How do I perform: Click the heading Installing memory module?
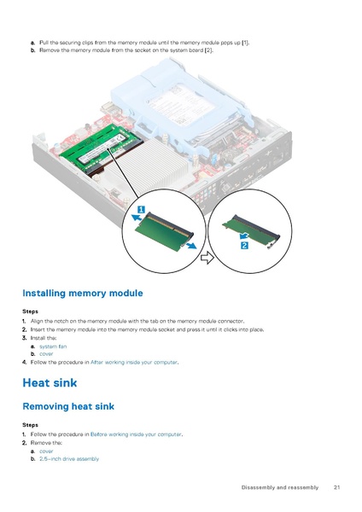pyautogui.click(x=82, y=293)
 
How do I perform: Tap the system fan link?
pyautogui.click(x=53, y=346)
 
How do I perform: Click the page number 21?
pyautogui.click(x=337, y=487)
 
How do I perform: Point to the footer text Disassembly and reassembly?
pyautogui.click(x=278, y=487)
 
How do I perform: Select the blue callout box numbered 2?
pyautogui.click(x=244, y=247)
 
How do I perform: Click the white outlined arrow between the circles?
pyautogui.click(x=207, y=257)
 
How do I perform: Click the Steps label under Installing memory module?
pyautogui.click(x=30, y=311)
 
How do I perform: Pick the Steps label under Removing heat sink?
pyautogui.click(x=30, y=424)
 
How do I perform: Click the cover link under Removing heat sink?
pyautogui.click(x=46, y=451)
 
